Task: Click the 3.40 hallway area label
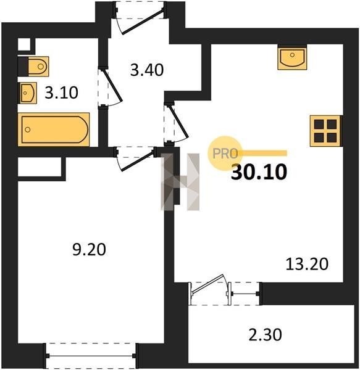(147, 70)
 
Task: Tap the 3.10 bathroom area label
(61, 92)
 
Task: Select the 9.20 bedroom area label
(89, 250)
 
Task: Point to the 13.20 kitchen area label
(307, 264)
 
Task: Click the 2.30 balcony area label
(265, 335)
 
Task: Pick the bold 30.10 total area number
(259, 172)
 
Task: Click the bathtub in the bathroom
(54, 129)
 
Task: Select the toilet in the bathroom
(33, 67)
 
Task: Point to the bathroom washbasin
(27, 93)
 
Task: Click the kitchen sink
(292, 57)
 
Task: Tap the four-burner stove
(326, 131)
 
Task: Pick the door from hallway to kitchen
(176, 122)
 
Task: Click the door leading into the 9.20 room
(135, 158)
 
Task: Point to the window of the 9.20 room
(91, 356)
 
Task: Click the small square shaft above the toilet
(24, 44)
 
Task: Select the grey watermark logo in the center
(180, 182)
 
